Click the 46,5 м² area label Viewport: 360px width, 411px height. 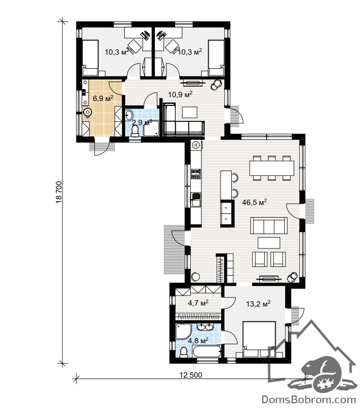(x=254, y=202)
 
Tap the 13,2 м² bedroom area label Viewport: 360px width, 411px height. (x=258, y=304)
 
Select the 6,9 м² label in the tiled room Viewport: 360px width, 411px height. (x=103, y=98)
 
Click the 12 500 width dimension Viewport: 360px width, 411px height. (x=191, y=375)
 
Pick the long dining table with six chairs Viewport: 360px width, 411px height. (x=271, y=168)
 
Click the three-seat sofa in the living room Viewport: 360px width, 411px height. (x=269, y=225)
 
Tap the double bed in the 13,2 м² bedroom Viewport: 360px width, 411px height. (x=259, y=339)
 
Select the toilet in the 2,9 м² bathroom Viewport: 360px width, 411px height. (x=135, y=131)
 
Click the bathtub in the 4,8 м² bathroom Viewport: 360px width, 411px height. (x=206, y=351)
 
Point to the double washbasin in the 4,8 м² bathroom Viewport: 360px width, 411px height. (x=205, y=327)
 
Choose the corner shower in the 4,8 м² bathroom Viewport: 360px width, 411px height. (x=183, y=331)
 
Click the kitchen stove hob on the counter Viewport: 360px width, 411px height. (x=196, y=174)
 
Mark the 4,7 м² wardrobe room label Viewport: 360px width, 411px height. (x=198, y=303)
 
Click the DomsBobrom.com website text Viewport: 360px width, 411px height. (x=309, y=400)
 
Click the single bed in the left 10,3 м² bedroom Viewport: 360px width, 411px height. (x=90, y=58)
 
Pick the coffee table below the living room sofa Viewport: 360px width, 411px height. (x=269, y=243)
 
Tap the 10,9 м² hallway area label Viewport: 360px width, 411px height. (x=180, y=94)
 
